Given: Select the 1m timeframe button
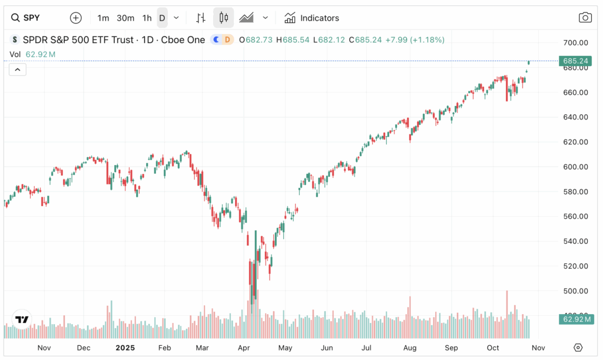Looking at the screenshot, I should (103, 18).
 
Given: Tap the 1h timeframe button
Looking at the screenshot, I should (147, 18).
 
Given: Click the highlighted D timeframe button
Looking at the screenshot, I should (162, 18).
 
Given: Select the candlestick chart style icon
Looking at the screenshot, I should (223, 18).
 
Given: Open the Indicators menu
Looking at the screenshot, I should (312, 18).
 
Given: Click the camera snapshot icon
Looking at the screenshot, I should (585, 18).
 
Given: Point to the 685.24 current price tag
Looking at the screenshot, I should (576, 61).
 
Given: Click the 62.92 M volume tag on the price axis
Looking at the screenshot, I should (576, 319).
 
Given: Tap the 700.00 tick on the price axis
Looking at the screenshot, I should (576, 42).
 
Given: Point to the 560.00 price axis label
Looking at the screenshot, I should (576, 216).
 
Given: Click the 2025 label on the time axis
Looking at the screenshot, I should (125, 348).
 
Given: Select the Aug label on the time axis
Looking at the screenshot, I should (410, 348).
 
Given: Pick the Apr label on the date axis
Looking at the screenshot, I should (244, 348).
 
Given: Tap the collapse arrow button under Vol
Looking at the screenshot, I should (18, 70).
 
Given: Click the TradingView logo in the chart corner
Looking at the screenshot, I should (22, 319).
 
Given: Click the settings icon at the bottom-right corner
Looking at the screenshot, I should (578, 348).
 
